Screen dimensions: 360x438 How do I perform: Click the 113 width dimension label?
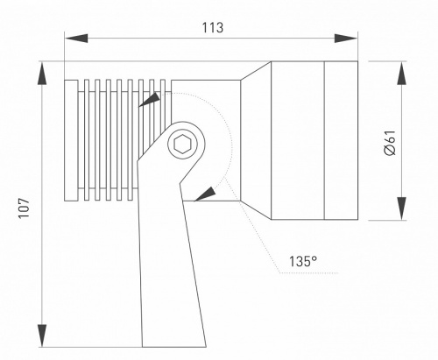click(x=211, y=27)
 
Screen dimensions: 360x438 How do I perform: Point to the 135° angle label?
click(x=302, y=261)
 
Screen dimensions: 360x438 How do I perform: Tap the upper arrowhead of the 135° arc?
click(x=152, y=101)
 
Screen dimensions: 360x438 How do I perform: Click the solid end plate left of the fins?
click(x=70, y=140)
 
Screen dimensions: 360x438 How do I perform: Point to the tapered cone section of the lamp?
click(x=255, y=140)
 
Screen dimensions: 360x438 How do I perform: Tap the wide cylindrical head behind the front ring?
click(x=297, y=141)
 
